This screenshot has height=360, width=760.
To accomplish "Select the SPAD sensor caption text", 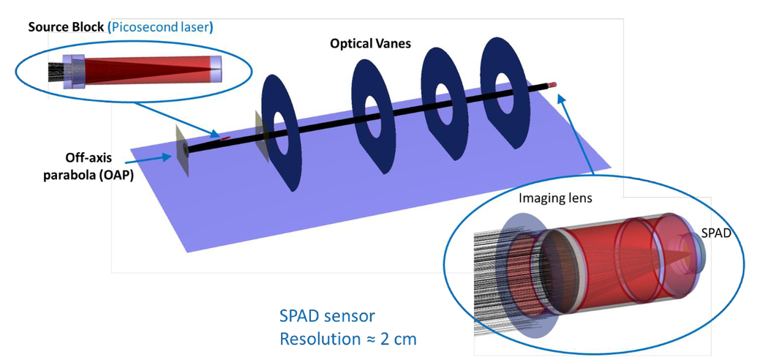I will [x=327, y=317].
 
